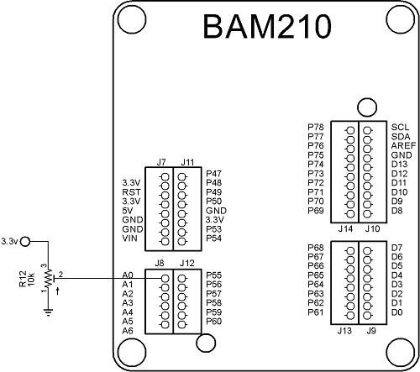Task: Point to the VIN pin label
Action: (130, 238)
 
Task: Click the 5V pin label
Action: (128, 210)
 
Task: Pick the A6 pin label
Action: (128, 331)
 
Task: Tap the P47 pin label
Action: (214, 173)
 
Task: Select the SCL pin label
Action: (400, 127)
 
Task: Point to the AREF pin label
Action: (402, 145)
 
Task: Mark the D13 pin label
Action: (400, 164)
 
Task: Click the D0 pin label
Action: (397, 312)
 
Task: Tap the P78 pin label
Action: (316, 127)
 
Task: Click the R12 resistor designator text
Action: (23, 277)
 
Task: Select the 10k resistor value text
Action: (32, 277)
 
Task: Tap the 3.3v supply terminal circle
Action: (26, 242)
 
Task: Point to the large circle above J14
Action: (365, 107)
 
